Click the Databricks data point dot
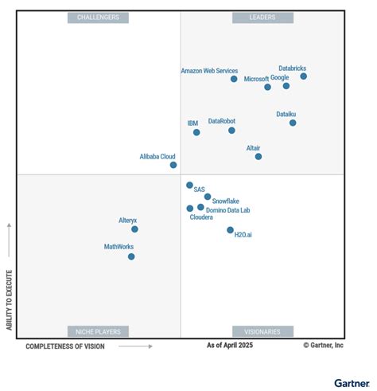click(x=304, y=76)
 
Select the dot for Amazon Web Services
click(x=234, y=79)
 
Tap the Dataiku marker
click(x=293, y=123)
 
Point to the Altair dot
click(x=258, y=156)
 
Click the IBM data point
click(x=196, y=132)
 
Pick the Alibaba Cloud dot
click(x=173, y=165)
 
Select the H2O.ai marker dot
click(x=231, y=230)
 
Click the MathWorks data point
click(x=131, y=256)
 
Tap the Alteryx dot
click(x=134, y=229)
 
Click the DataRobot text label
click(x=222, y=121)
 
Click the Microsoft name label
click(x=256, y=79)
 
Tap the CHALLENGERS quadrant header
click(x=98, y=17)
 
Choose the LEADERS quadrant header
click(x=262, y=17)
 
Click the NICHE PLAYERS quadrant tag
click(x=98, y=331)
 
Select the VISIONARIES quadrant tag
click(x=262, y=331)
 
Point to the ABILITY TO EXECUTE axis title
click(x=9, y=299)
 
